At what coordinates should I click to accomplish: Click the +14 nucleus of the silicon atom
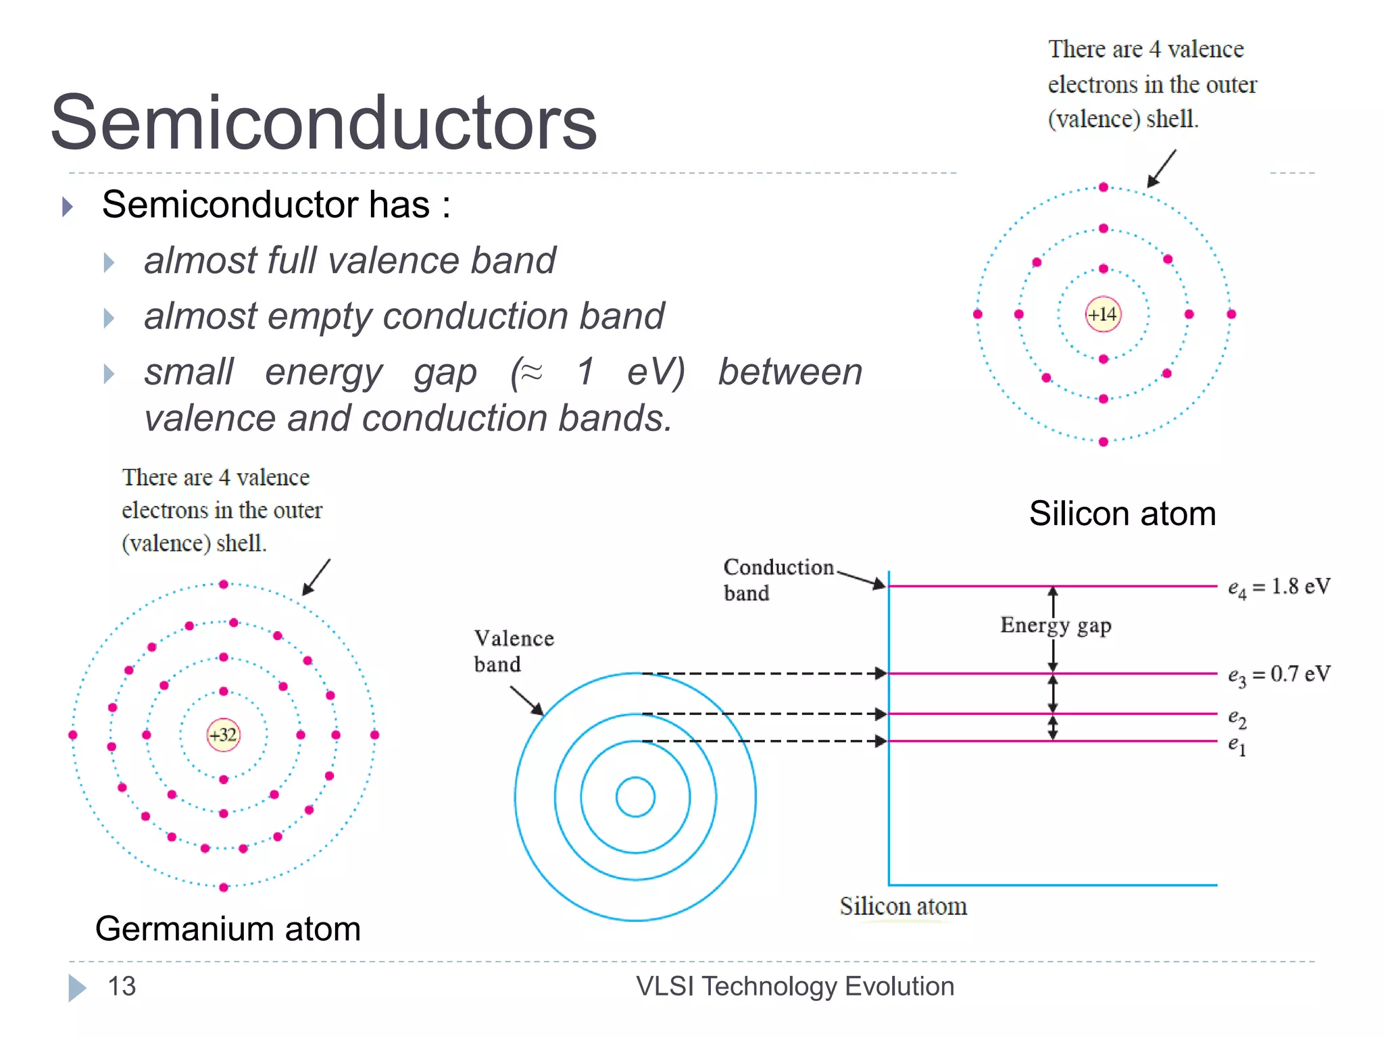click(x=1103, y=314)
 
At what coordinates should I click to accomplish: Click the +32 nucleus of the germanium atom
click(x=224, y=735)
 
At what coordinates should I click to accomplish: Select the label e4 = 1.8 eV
click(x=1279, y=587)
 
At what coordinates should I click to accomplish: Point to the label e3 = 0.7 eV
click(x=1279, y=674)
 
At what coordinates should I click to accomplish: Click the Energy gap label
click(x=1056, y=625)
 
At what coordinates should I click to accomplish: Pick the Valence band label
click(x=513, y=651)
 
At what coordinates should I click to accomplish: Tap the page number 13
click(x=122, y=987)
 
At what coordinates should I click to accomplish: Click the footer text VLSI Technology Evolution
click(x=795, y=987)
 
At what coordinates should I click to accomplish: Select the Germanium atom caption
click(x=228, y=929)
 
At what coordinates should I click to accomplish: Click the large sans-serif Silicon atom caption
click(x=1122, y=514)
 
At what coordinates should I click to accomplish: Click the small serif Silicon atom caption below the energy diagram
click(x=903, y=906)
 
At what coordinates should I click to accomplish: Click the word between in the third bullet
click(x=790, y=372)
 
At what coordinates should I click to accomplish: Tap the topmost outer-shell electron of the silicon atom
click(x=1104, y=187)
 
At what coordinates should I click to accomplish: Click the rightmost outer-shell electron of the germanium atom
click(x=375, y=735)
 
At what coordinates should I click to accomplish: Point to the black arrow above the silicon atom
click(x=1162, y=168)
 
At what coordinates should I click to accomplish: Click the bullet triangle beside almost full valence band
click(x=109, y=262)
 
